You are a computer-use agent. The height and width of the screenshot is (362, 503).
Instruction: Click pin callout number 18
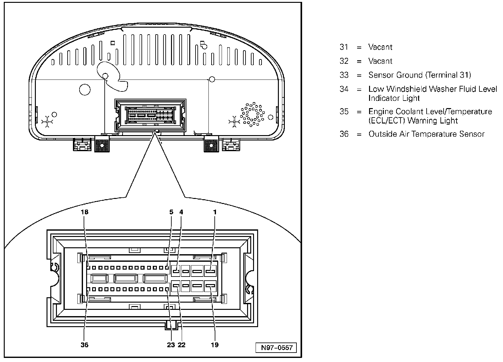[x=85, y=212]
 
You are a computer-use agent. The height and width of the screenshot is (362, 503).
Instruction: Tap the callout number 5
[x=171, y=212]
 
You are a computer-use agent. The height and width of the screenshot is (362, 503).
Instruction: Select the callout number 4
[x=181, y=212]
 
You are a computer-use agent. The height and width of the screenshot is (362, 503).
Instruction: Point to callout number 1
[x=215, y=212]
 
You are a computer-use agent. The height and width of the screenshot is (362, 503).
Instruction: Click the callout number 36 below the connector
[x=85, y=345]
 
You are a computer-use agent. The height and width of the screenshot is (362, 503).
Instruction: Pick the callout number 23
[x=171, y=345]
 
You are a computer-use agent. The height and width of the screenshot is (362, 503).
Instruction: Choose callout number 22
[x=182, y=345]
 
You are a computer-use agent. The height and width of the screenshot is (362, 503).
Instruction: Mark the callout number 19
[x=215, y=345]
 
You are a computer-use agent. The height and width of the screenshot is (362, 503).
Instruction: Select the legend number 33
[x=344, y=75]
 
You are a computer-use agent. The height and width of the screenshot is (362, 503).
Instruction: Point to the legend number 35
[x=344, y=112]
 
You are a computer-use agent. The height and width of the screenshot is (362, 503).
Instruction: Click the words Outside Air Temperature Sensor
[x=426, y=134]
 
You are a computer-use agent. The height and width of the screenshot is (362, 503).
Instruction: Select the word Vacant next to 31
[x=380, y=47]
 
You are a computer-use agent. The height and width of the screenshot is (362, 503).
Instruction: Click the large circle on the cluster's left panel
[x=85, y=90]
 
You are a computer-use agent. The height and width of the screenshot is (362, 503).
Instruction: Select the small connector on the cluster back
[x=151, y=115]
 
